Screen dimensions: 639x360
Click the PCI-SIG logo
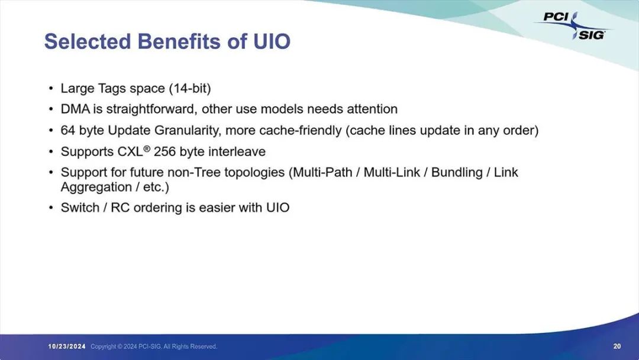pos(573,25)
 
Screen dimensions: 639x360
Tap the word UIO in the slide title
pos(272,41)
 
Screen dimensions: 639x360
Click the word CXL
pos(130,152)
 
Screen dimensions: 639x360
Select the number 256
pos(164,152)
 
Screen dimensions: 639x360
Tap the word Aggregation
pos(96,188)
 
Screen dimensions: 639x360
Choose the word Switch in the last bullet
pos(80,207)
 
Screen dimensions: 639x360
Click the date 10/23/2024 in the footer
pos(67,346)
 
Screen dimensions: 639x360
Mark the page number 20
pos(617,346)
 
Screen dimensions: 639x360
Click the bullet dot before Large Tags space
pos(50,88)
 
